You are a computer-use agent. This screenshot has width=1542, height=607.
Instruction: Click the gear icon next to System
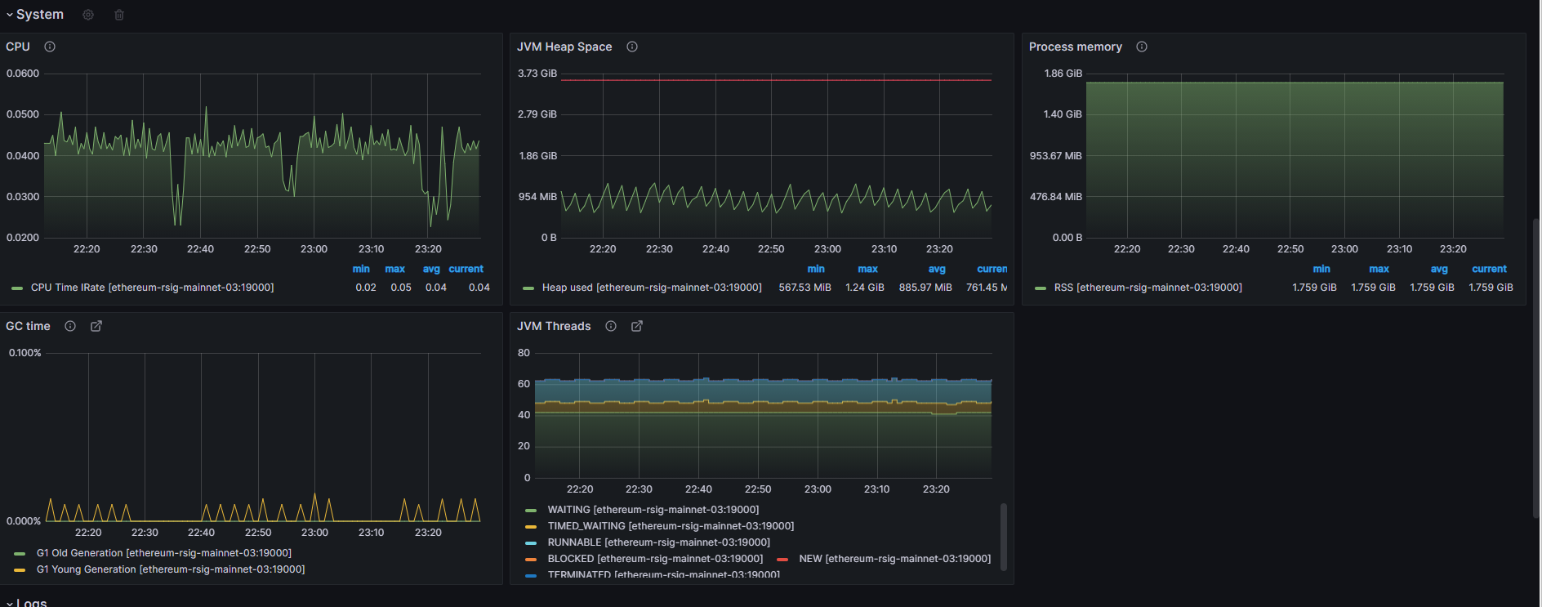[88, 15]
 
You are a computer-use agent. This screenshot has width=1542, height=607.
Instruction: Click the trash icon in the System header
[119, 15]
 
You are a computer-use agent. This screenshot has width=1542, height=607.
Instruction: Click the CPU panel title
[18, 47]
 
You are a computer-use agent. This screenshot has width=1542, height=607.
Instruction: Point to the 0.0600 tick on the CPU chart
[23, 74]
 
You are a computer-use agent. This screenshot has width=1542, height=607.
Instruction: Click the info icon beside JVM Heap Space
[632, 47]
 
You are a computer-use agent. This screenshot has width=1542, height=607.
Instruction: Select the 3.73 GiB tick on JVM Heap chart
[537, 74]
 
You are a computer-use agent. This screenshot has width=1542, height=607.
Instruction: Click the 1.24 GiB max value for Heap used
[865, 288]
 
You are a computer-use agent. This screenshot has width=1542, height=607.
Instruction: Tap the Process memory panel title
[1075, 47]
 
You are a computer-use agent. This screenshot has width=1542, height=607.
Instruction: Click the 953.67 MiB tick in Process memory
[1055, 156]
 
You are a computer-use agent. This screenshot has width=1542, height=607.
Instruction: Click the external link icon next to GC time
[96, 326]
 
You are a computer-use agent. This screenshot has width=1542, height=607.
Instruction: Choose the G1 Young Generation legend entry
[170, 569]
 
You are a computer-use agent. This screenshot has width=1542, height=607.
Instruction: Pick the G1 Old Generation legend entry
[163, 553]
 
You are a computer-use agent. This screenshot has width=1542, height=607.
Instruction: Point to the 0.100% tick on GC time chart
[25, 353]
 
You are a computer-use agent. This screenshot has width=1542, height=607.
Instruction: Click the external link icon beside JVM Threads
[637, 326]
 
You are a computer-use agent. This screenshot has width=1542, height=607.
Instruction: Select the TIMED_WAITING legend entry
[670, 526]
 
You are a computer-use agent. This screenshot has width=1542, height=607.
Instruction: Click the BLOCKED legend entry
[654, 559]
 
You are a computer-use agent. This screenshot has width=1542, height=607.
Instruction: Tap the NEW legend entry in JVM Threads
[894, 559]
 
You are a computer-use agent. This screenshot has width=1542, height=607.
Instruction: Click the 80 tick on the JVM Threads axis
[524, 353]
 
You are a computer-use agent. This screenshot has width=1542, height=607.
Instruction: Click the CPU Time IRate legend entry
[152, 288]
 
